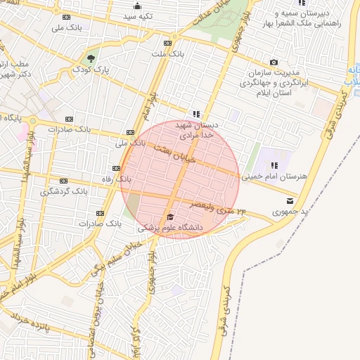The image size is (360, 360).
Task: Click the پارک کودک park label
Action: tap(92, 70)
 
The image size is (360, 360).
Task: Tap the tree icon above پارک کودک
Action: tap(91, 58)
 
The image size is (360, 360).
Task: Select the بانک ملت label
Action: tap(169, 53)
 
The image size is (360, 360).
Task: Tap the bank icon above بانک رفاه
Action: tap(115, 168)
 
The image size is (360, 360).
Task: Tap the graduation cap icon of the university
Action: tap(170, 216)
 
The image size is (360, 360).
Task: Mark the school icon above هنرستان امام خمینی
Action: tap(264, 165)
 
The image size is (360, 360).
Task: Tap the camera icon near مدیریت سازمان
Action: tap(273, 63)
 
